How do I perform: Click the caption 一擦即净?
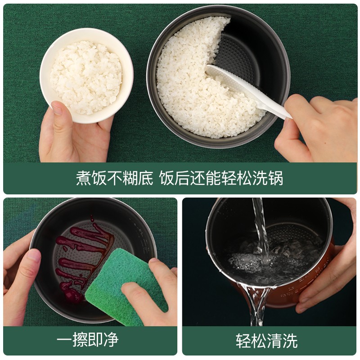88,340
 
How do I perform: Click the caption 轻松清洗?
266,340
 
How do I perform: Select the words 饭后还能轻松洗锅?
221,178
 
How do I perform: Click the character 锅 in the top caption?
276,178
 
